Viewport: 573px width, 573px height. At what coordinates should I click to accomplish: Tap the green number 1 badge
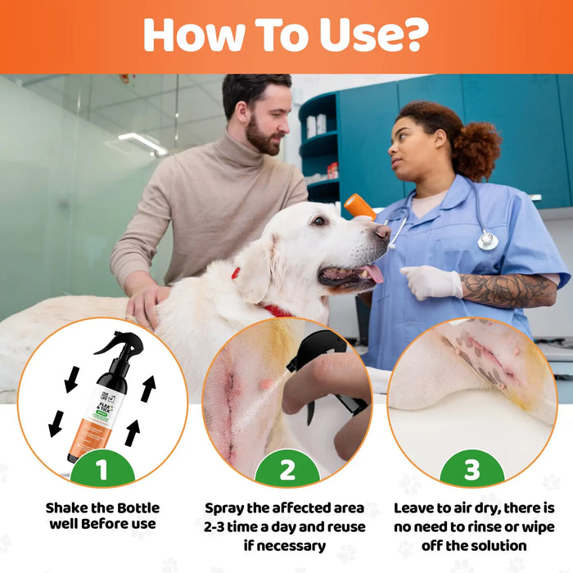[102, 471]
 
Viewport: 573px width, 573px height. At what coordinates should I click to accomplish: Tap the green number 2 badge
[286, 471]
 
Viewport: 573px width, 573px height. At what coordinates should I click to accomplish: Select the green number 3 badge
[471, 471]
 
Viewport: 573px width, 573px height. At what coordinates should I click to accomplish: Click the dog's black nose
[382, 232]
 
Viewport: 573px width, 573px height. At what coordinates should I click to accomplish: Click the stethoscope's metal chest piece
[488, 241]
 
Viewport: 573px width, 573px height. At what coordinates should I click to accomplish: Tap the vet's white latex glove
[431, 282]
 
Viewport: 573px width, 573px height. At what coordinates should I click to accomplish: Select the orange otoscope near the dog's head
[359, 206]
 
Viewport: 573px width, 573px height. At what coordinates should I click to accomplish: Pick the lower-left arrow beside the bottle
[56, 423]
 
